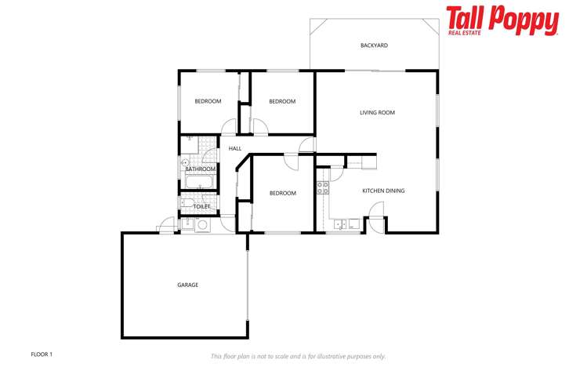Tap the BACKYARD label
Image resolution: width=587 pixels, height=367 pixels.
pyautogui.click(x=374, y=45)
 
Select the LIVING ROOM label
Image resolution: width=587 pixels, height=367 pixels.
pyautogui.click(x=377, y=113)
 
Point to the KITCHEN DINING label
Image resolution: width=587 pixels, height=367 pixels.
pyautogui.click(x=383, y=191)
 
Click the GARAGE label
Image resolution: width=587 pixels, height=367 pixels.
pyautogui.click(x=187, y=285)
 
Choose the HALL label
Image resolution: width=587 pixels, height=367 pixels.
pyautogui.click(x=234, y=148)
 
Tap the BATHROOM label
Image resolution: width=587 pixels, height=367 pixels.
pyautogui.click(x=200, y=169)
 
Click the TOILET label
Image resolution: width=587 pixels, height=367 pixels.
pyautogui.click(x=201, y=206)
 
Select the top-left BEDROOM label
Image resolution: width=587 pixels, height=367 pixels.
pyautogui.click(x=208, y=101)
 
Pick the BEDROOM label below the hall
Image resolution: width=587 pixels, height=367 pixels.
pyautogui.click(x=282, y=193)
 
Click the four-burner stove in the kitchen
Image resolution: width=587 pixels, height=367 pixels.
pyautogui.click(x=322, y=187)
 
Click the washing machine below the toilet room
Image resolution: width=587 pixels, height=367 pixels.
pyautogui.click(x=202, y=224)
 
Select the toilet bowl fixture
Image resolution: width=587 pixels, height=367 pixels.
pyautogui.click(x=186, y=205)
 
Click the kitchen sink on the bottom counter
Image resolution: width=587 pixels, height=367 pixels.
pyautogui.click(x=340, y=224)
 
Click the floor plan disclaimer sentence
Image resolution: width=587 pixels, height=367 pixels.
pyautogui.click(x=298, y=356)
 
